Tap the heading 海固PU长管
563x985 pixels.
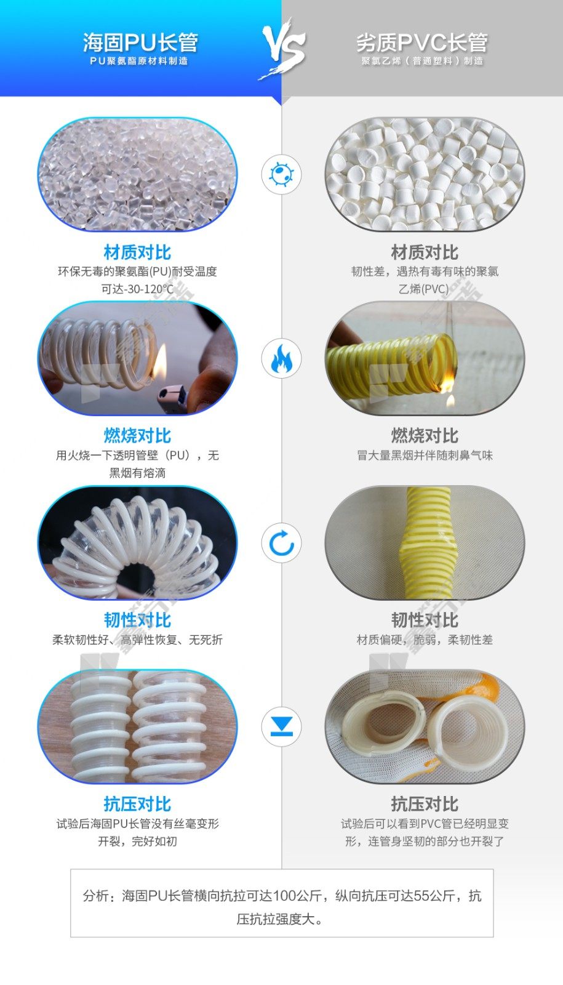click(x=141, y=42)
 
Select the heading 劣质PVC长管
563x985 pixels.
click(x=422, y=42)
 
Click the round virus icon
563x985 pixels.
click(x=281, y=174)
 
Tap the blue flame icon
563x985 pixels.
click(x=281, y=358)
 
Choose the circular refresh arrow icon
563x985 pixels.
click(x=281, y=544)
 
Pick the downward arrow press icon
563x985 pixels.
click(x=281, y=726)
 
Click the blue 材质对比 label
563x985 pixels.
click(x=137, y=252)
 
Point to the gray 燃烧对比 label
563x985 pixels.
click(x=425, y=436)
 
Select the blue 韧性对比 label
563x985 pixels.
click(x=137, y=620)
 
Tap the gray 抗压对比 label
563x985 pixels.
click(x=425, y=804)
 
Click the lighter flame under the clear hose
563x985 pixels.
click(x=159, y=361)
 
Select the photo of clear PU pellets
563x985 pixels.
click(x=137, y=174)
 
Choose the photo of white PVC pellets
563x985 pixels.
click(x=425, y=174)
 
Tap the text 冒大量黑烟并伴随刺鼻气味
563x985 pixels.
click(x=425, y=455)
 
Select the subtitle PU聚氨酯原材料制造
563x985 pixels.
click(x=139, y=61)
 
